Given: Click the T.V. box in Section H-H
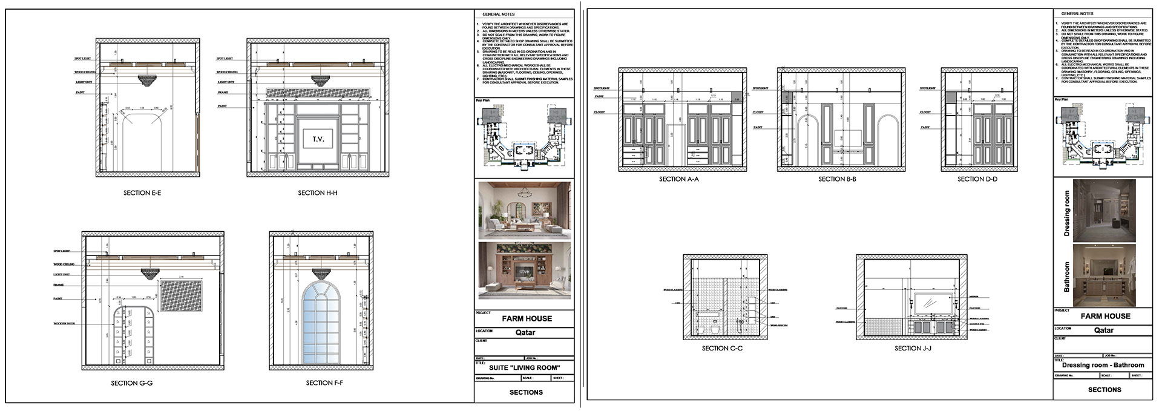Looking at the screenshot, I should pos(318,139).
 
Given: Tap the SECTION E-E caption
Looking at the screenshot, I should pos(142,193).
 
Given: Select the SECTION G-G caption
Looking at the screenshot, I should pos(131,383).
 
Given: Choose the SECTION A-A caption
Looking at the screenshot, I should pos(679,179).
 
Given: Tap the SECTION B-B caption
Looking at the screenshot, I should pos(837,179).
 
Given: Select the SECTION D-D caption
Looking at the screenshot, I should pos(977,179).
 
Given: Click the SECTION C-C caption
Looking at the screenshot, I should pos(722,349).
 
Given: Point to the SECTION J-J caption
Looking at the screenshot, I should pos(912,349).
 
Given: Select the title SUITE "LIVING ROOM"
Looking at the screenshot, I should pos(524,367).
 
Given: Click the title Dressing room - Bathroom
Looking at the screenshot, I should pos(1103,365).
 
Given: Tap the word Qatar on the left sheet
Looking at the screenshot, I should pos(525,332).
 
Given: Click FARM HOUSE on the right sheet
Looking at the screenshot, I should pos(1105,316).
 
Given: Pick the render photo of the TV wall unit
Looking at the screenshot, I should pos(524,271).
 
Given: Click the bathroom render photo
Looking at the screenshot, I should pos(1104,275).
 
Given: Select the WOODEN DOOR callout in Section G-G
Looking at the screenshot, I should pos(64,324).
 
